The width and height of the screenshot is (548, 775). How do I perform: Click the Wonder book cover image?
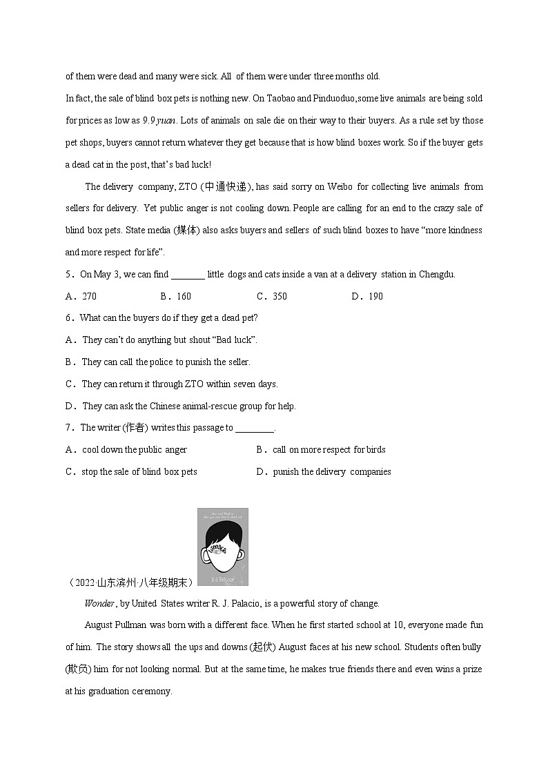click(222, 547)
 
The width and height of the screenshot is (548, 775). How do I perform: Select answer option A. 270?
click(81, 296)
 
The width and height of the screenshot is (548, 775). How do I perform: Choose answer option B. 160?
click(175, 296)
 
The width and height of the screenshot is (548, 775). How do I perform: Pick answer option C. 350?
click(271, 296)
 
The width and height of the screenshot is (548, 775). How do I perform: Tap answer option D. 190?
click(366, 296)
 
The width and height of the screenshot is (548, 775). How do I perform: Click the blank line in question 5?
click(188, 275)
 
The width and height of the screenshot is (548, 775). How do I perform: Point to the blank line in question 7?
click(255, 428)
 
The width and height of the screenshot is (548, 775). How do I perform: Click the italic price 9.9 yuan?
click(159, 121)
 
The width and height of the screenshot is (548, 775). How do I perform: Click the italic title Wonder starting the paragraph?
click(99, 604)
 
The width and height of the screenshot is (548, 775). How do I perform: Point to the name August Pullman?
click(117, 625)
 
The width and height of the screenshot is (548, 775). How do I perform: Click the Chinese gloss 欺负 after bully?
click(75, 669)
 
